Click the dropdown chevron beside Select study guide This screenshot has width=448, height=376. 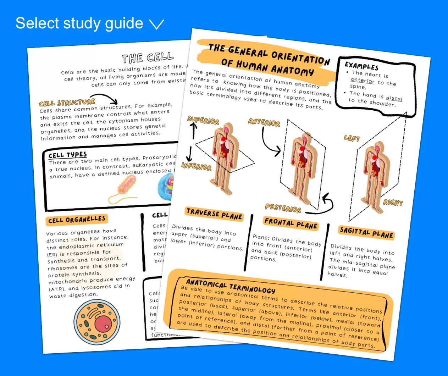156,24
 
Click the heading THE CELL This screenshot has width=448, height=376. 148,57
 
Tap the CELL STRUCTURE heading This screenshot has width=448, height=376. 67,103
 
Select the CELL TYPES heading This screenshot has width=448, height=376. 67,155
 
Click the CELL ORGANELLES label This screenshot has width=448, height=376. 77,220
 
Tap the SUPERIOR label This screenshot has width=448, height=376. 203,120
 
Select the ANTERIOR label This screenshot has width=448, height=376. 264,122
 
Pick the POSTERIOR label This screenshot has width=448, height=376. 283,208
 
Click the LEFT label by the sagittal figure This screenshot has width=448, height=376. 352,138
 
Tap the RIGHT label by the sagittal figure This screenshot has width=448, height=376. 393,203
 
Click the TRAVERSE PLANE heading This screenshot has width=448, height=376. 214,214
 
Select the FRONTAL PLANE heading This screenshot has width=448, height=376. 291,223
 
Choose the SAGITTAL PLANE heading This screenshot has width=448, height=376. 366,233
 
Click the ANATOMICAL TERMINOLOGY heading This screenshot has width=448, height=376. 231,286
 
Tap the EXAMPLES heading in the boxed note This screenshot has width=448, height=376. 361,66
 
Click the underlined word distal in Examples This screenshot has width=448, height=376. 394,98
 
